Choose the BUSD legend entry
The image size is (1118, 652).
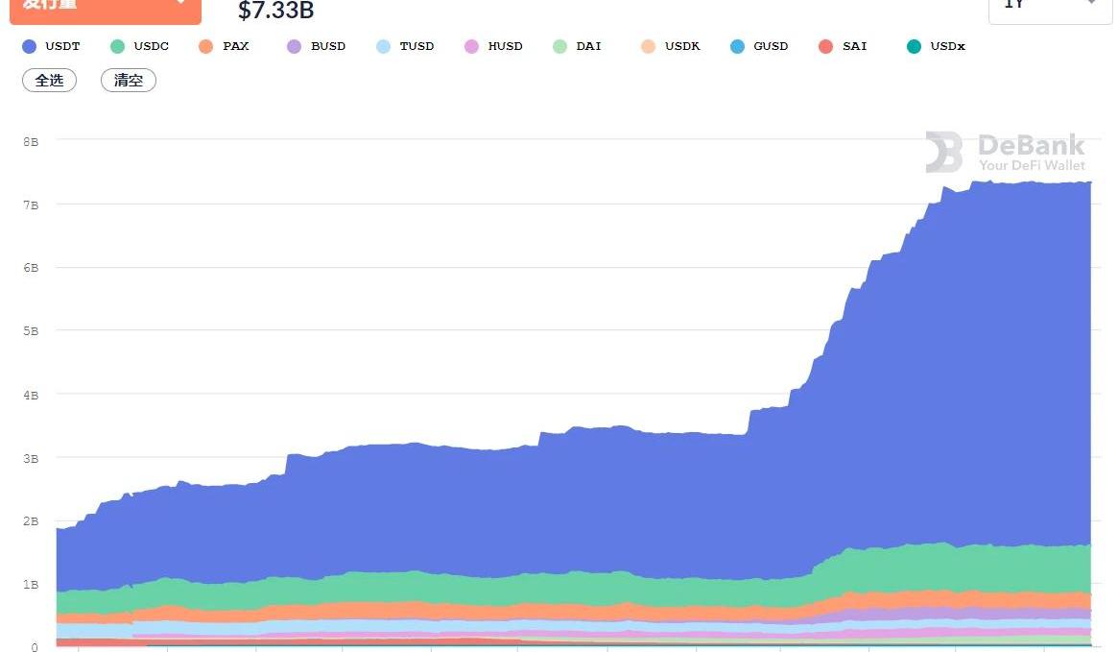pos(316,46)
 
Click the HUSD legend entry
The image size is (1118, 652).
pos(493,46)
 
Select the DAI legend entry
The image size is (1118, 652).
pos(578,46)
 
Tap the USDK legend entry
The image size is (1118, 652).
pos(671,46)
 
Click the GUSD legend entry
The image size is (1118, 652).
pos(759,46)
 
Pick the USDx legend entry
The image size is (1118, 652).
pos(936,46)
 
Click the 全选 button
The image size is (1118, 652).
pos(49,81)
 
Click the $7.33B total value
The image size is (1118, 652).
pos(275,12)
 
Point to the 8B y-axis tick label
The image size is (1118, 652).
pos(31,141)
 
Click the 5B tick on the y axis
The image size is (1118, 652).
pos(31,331)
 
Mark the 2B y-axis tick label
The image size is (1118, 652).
pos(31,521)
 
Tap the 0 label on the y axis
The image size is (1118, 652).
pos(34,647)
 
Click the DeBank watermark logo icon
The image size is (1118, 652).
pos(944,153)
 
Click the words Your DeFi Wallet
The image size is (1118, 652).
pos(1032,165)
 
